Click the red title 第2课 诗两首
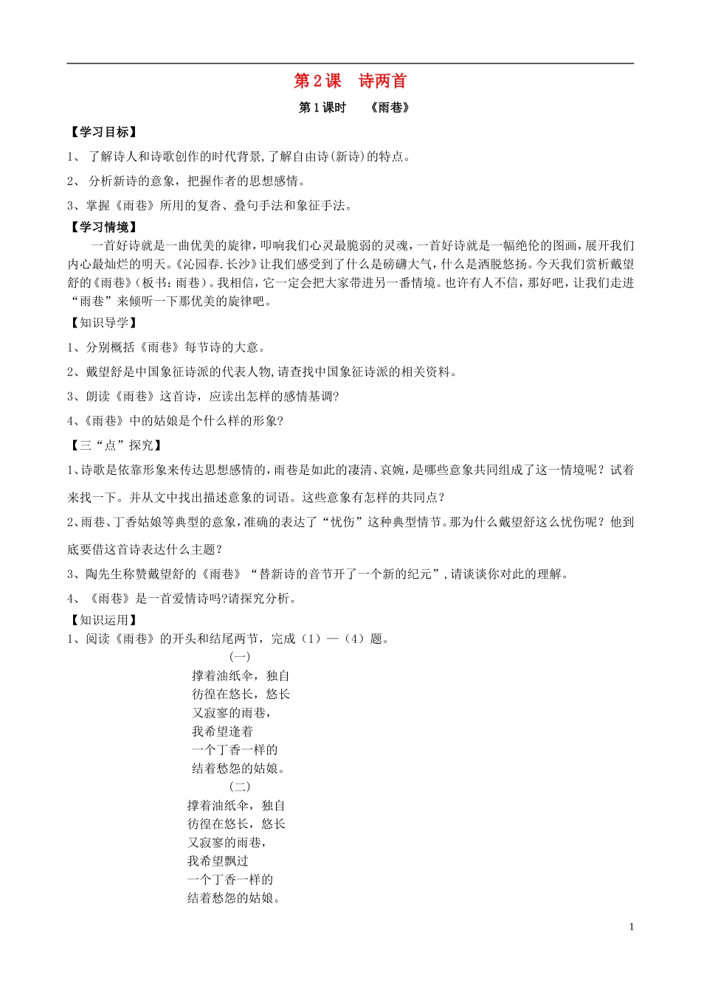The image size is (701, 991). (350, 81)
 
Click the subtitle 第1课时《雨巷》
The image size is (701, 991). (353, 108)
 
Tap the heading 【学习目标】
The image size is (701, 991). (103, 132)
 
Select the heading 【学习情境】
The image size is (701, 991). (103, 227)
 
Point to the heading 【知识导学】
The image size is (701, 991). (103, 322)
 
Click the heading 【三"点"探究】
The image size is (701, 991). (115, 445)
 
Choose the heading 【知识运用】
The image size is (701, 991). (103, 620)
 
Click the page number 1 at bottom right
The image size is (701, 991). (632, 927)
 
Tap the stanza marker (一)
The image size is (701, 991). (240, 656)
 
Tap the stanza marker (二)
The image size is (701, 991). (240, 786)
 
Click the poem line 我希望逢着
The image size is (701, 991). (222, 731)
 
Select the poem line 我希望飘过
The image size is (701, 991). (218, 861)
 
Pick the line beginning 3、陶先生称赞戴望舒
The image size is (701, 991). (317, 574)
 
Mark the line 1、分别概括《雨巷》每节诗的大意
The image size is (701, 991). (166, 347)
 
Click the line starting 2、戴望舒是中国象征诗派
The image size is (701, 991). (262, 372)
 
